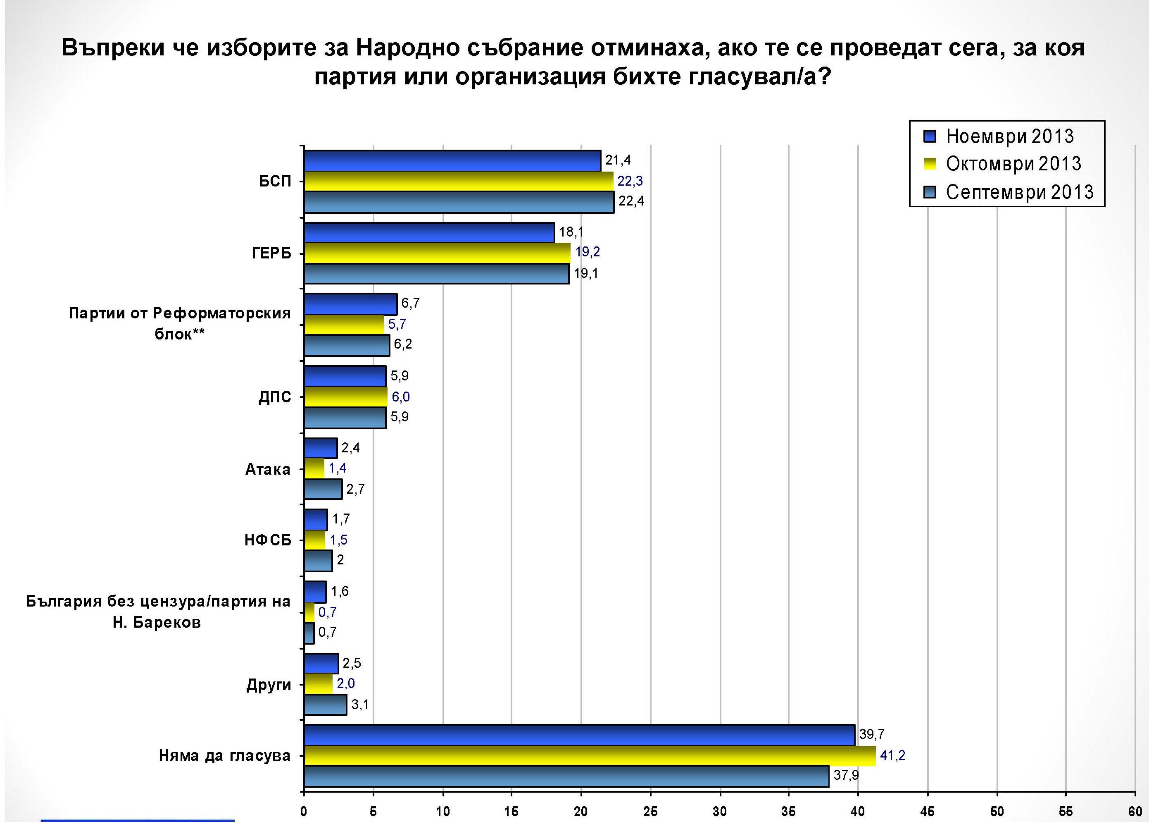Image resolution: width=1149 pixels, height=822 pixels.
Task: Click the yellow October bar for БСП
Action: click(x=458, y=181)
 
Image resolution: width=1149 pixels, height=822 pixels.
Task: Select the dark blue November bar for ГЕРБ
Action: click(x=429, y=232)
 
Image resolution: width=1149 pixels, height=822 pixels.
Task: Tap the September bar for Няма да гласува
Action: click(x=566, y=776)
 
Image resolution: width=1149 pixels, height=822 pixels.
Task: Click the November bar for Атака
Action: click(x=320, y=448)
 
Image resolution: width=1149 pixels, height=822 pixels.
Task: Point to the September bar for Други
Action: click(x=325, y=705)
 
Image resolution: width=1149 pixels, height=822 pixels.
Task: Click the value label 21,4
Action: click(x=618, y=160)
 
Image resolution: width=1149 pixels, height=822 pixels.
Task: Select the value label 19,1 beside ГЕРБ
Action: click(x=585, y=274)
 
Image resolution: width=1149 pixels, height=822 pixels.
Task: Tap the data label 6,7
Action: click(x=410, y=303)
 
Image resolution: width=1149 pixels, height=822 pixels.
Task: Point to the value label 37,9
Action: click(x=846, y=775)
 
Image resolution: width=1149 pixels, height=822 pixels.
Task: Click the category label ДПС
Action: click(x=275, y=397)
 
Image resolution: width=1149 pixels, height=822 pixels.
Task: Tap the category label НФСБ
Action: click(x=268, y=540)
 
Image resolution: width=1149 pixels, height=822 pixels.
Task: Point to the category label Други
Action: click(x=269, y=685)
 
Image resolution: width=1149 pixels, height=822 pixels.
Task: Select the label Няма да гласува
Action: click(x=224, y=756)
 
